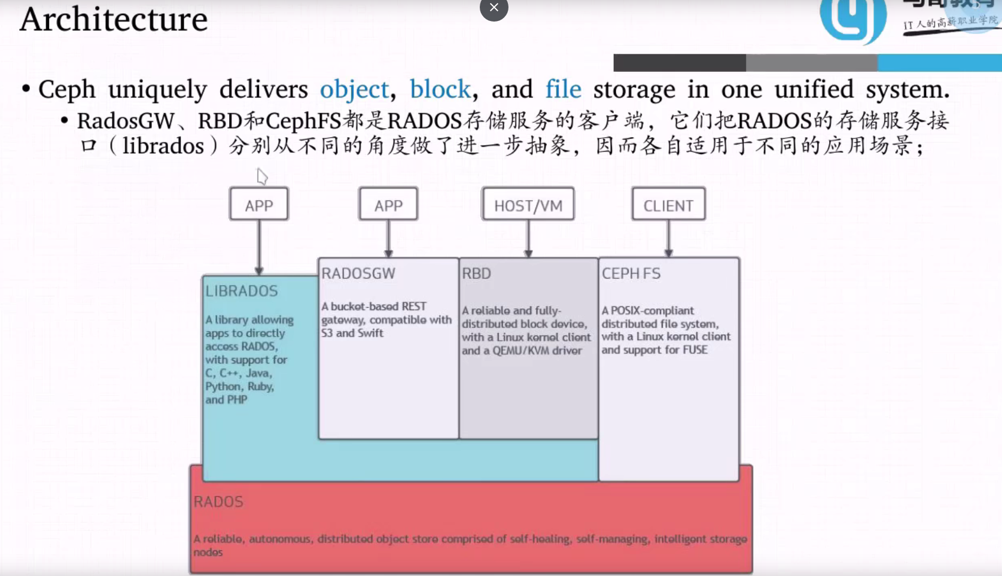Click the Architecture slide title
[114, 19]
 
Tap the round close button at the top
[494, 8]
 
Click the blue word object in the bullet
[354, 90]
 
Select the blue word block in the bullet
[440, 90]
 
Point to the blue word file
[563, 90]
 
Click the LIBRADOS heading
[242, 291]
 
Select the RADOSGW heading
[358, 274]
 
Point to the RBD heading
[476, 274]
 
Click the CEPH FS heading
[631, 274]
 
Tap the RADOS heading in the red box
[218, 502]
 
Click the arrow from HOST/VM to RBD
[528, 239]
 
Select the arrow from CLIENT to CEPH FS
[668, 239]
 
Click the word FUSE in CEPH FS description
[695, 350]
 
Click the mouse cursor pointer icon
[262, 176]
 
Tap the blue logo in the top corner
[852, 19]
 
